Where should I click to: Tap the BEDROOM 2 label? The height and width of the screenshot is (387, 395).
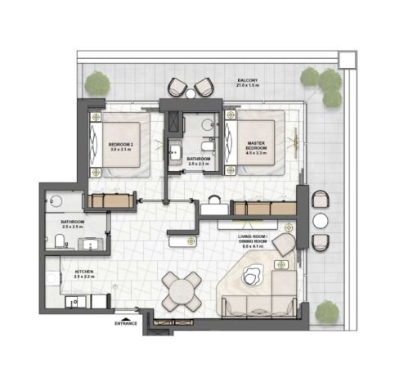tap(120, 144)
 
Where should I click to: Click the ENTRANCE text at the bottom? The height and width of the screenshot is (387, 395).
tap(125, 325)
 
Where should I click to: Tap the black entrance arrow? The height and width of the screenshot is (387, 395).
tap(125, 317)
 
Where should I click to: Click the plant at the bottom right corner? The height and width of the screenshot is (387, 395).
tap(328, 312)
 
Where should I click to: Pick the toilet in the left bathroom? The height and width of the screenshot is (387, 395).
tap(62, 239)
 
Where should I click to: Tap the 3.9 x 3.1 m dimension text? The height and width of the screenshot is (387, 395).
tap(120, 151)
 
